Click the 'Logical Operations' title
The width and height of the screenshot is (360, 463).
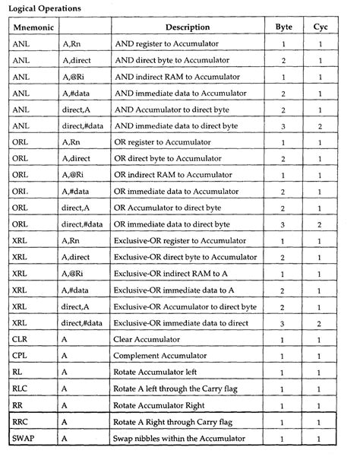point(46,8)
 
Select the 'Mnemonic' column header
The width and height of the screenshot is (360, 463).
point(33,27)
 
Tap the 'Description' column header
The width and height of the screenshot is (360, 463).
point(188,27)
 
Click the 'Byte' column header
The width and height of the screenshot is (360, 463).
point(283,27)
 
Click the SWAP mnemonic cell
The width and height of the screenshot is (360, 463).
point(25,439)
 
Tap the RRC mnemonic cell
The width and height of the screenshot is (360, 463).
point(22,422)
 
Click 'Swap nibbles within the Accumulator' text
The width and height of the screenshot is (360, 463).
point(180,439)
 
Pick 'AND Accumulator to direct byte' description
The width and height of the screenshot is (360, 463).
point(177,109)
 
